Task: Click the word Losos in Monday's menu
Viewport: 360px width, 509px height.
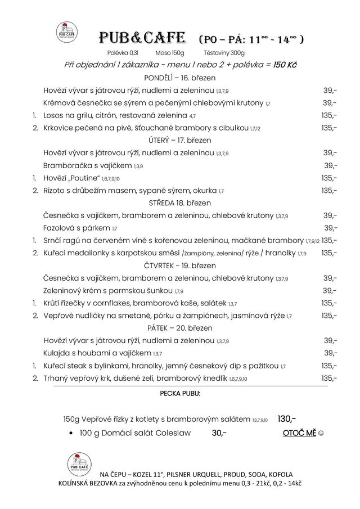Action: [x=55, y=115]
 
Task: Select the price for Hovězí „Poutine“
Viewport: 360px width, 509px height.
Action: [x=329, y=178]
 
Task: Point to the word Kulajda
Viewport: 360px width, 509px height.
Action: [x=57, y=353]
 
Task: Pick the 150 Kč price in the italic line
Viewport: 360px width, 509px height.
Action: [x=285, y=65]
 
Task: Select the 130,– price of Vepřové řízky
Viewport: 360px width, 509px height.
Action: [x=286, y=418]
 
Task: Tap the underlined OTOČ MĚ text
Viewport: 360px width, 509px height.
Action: [x=299, y=433]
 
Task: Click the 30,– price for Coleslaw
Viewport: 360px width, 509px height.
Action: [x=219, y=433]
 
